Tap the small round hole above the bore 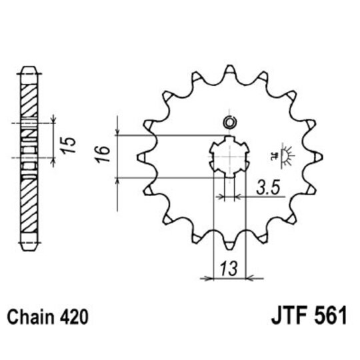tap(229, 122)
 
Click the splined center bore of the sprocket tap(229, 157)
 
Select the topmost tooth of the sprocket tap(229, 71)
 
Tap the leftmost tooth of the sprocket tap(141, 157)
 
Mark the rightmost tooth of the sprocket tap(317, 157)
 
